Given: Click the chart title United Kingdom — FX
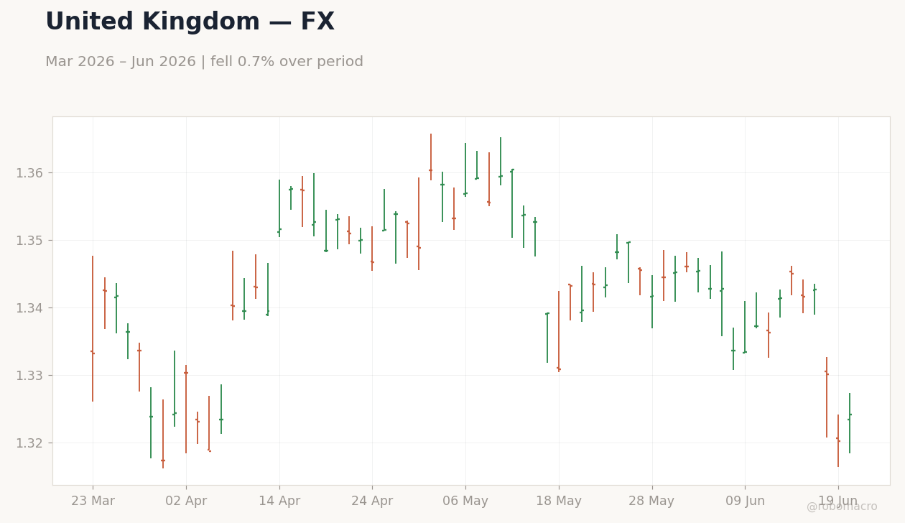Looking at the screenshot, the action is [x=190, y=22].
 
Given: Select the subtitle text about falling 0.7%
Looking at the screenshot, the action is [x=204, y=62].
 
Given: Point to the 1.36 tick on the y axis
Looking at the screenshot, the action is [x=29, y=173].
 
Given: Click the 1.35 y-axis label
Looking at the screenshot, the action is [x=29, y=241].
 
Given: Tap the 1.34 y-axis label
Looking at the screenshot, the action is [x=29, y=308].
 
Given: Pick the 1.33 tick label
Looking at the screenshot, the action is [x=29, y=376].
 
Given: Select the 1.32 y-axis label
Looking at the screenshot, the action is [x=29, y=443].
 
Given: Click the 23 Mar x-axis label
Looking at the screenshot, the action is [x=93, y=501].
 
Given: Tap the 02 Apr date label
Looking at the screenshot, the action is [x=186, y=501].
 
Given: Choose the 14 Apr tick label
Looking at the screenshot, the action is [x=279, y=501].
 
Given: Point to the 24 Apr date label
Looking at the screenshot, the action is [x=372, y=501].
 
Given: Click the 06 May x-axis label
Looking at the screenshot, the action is [x=465, y=501].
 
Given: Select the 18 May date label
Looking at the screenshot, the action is [x=559, y=501].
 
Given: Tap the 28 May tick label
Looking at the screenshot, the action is [x=651, y=501].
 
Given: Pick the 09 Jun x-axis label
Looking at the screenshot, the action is [x=745, y=501].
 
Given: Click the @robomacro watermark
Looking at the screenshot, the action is [x=842, y=506].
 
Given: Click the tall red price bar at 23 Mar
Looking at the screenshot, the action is [x=93, y=328].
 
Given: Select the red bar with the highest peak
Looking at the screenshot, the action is [x=431, y=157].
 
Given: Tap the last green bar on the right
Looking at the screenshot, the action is [x=850, y=422].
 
